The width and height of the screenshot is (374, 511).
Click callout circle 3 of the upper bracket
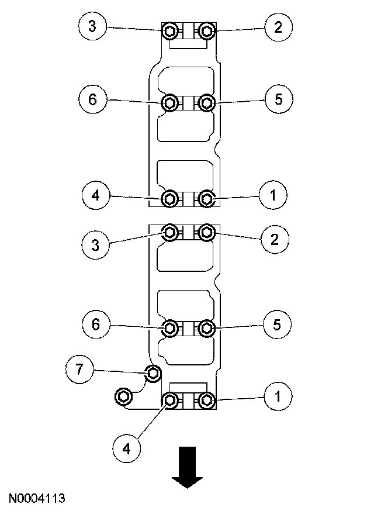click(92, 26)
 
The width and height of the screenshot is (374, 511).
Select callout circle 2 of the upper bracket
click(279, 27)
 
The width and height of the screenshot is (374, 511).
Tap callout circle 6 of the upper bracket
click(92, 99)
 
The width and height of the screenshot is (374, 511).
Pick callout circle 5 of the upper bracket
click(279, 99)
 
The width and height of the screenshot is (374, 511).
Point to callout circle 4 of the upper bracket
click(96, 195)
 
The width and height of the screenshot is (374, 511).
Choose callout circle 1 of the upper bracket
click(273, 195)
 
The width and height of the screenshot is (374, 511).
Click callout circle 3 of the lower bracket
click(96, 245)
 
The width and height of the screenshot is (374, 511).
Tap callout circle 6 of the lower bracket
click(96, 324)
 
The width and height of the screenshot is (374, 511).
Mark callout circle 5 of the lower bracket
click(277, 324)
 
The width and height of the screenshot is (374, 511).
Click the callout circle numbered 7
click(79, 370)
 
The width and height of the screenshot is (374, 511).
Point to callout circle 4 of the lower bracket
click(127, 449)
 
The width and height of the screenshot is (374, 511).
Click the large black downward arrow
click(188, 467)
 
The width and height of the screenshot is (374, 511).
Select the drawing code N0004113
click(37, 498)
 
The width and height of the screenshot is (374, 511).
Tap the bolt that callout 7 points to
click(153, 374)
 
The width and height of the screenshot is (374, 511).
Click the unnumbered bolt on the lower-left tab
click(124, 396)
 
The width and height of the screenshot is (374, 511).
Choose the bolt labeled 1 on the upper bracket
click(206, 198)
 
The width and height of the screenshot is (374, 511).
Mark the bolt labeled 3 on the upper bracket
click(169, 31)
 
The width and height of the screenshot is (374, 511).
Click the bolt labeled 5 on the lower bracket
click(206, 328)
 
